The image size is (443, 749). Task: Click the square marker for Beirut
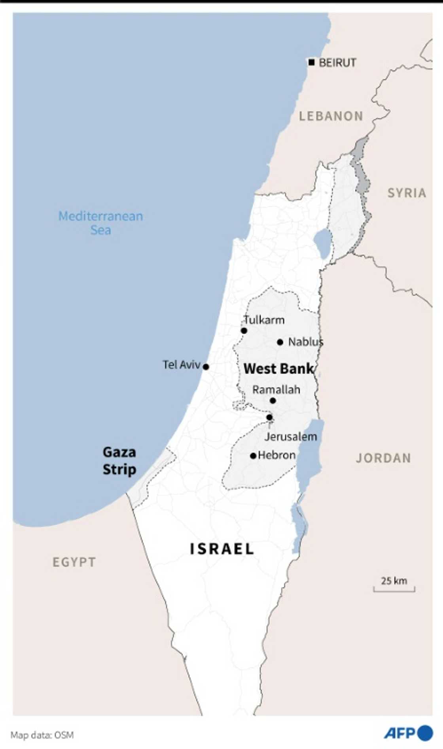[312, 62]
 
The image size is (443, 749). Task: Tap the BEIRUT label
[337, 63]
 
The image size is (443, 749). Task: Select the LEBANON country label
[331, 116]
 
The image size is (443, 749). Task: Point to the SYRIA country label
[406, 193]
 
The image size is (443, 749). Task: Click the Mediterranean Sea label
[100, 223]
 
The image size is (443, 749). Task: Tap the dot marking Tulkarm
[244, 331]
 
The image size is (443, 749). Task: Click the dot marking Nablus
[280, 342]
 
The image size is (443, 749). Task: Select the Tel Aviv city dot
[206, 367]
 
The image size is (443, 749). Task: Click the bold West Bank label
[278, 369]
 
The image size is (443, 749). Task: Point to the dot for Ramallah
[273, 401]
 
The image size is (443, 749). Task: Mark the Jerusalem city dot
[269, 417]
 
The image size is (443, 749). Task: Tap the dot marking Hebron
[253, 456]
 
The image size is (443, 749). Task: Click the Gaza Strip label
[119, 460]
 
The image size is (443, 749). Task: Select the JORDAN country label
[383, 458]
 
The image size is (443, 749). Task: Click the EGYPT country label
[74, 562]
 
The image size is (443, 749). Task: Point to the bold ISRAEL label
[221, 549]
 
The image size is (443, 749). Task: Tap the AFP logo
[408, 733]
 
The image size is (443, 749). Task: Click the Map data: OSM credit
[42, 735]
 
